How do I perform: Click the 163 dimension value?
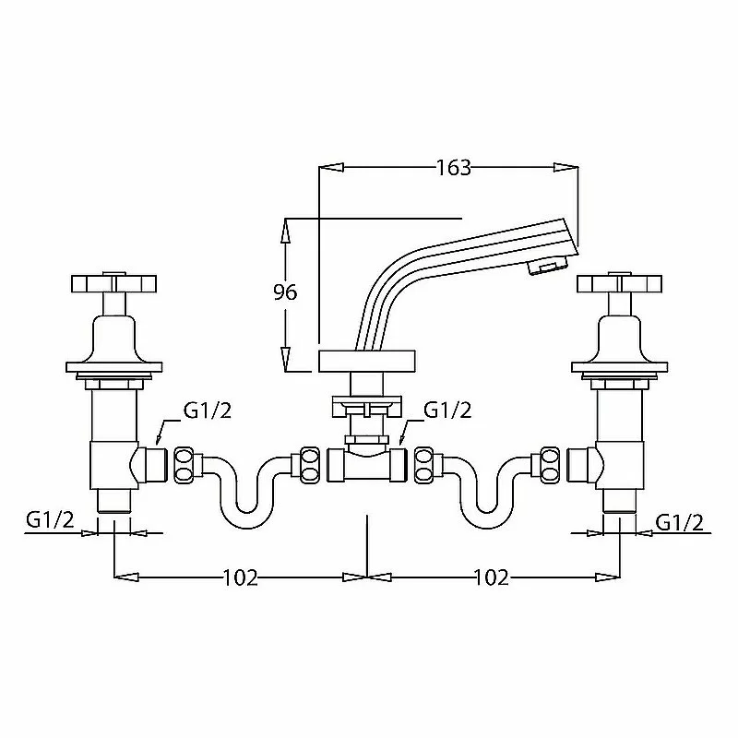(454, 168)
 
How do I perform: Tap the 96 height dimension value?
(285, 292)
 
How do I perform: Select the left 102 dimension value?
(240, 577)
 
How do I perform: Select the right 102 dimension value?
(491, 577)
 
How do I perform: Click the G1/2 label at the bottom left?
(51, 520)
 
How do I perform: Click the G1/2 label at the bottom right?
(680, 522)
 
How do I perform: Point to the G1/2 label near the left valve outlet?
(208, 411)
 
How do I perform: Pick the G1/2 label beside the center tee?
(447, 411)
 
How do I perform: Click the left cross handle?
(114, 282)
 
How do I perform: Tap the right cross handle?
(619, 282)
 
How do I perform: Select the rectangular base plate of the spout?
(366, 361)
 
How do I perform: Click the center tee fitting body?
(366, 464)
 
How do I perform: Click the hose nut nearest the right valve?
(550, 464)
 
